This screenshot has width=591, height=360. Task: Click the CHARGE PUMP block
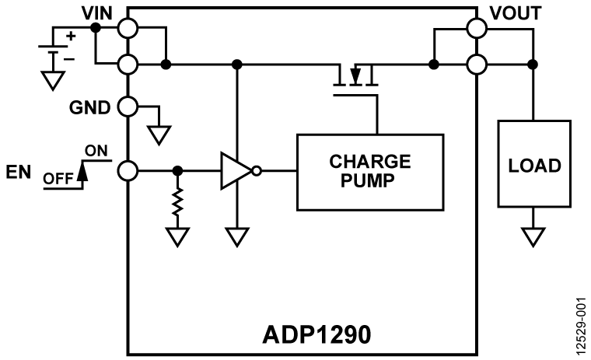(369, 171)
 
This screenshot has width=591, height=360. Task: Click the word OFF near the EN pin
(58, 177)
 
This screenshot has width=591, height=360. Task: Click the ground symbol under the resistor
(178, 236)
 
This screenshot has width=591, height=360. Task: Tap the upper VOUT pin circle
(476, 28)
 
